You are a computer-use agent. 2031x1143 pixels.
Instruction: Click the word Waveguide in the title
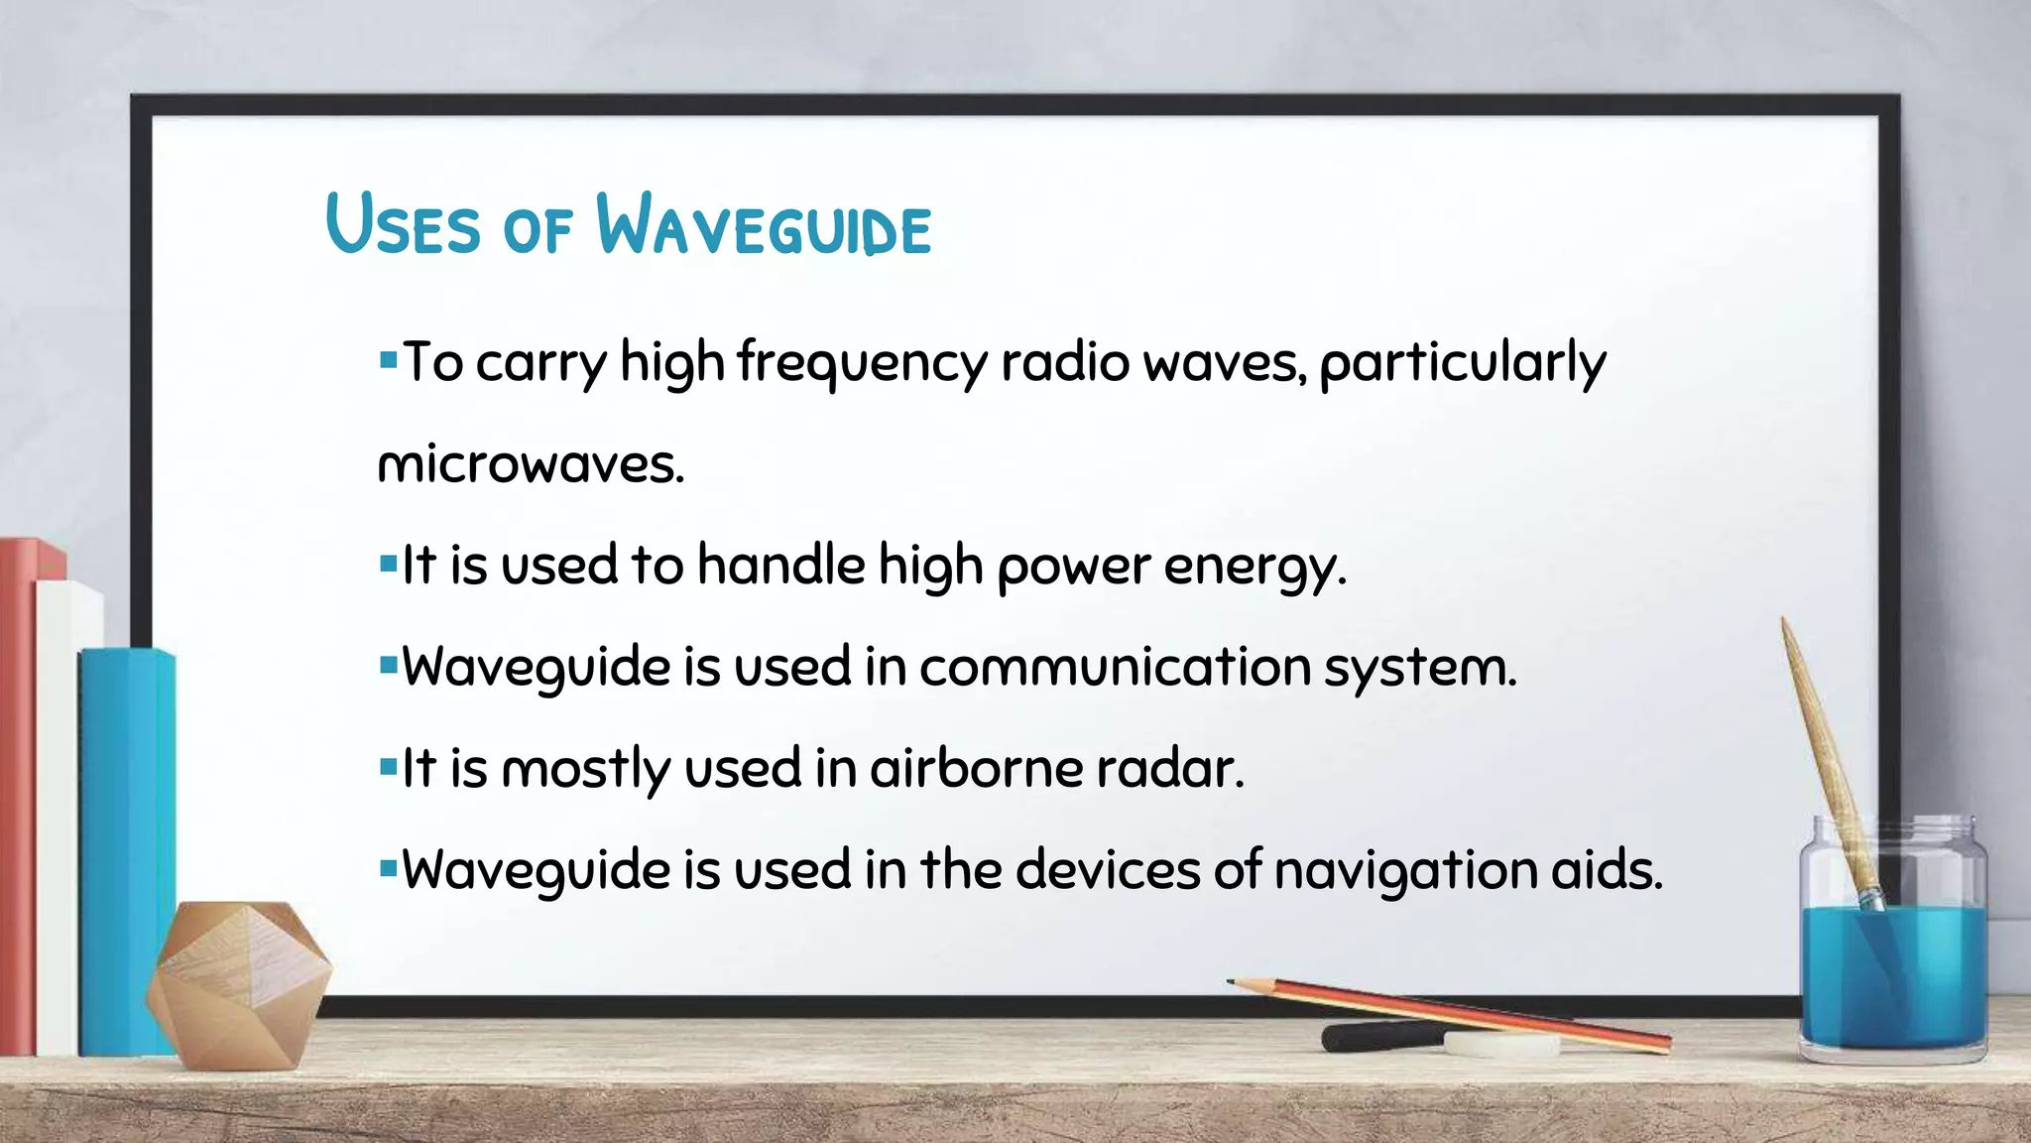(764, 226)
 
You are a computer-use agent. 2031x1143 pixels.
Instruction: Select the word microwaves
(531, 464)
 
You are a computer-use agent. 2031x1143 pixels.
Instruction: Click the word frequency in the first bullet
(862, 363)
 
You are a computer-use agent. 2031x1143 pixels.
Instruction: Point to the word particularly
(1462, 363)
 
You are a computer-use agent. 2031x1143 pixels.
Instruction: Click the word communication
(1115, 667)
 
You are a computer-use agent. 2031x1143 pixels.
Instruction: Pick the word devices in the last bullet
(1108, 870)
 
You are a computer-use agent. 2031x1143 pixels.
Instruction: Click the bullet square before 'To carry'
(388, 354)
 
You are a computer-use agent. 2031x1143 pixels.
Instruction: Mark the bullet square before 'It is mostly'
(388, 764)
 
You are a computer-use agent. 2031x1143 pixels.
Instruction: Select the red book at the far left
(18, 794)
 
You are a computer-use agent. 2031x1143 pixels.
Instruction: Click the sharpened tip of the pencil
(1233, 982)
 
